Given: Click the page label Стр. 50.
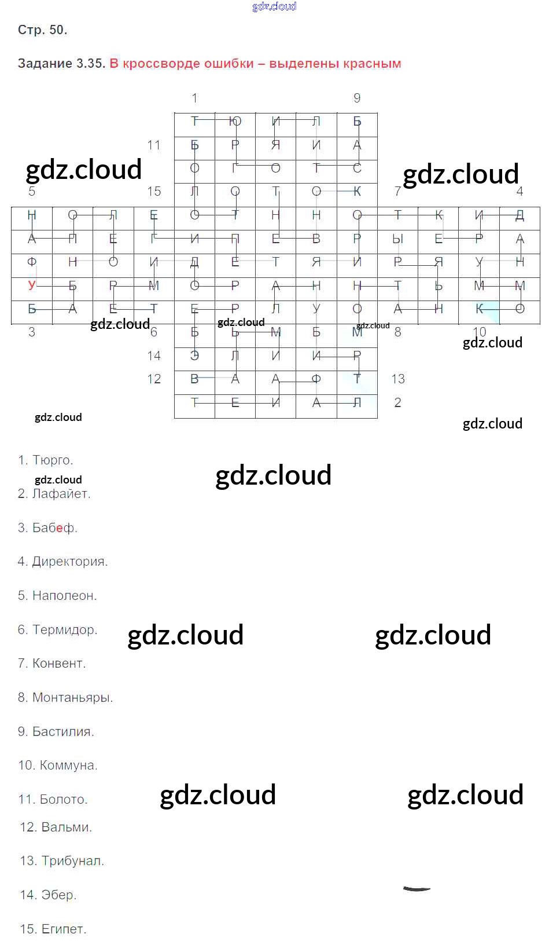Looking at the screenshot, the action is [42, 30].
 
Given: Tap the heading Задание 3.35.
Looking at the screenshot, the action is [61, 64].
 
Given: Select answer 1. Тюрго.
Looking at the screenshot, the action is [46, 460].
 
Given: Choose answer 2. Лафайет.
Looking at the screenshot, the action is [54, 494].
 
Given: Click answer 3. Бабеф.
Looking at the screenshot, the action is [47, 528].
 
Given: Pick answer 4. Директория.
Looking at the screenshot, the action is [62, 562].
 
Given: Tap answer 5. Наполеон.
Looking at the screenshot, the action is [57, 596].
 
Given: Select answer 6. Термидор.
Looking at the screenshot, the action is [57, 630].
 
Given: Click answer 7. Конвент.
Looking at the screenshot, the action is [51, 664].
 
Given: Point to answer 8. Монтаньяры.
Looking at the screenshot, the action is [65, 698].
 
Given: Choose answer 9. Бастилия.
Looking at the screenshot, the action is [56, 732].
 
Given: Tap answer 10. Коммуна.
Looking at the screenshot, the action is [58, 765].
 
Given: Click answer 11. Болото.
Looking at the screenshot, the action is [53, 800].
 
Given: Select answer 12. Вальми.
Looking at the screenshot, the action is [56, 827].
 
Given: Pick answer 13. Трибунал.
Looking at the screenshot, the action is [62, 861].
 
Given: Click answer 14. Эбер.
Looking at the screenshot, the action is [48, 895].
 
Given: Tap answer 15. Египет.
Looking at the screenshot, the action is [53, 929].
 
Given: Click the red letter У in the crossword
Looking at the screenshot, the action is [32, 285].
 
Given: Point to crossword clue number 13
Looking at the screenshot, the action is [398, 379].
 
